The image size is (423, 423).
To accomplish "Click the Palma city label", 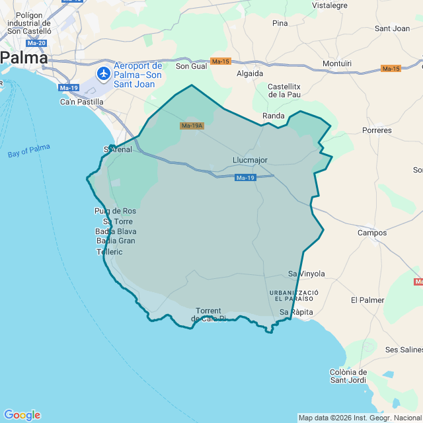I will click(24, 58).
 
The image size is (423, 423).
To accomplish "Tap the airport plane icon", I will click(104, 73).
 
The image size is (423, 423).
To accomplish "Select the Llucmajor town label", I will click(250, 160).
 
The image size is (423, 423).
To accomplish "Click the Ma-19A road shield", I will click(192, 126).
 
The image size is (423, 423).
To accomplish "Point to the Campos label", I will click(371, 233).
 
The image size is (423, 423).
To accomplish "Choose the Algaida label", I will click(250, 73).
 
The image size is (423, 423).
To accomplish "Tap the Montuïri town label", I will click(336, 63).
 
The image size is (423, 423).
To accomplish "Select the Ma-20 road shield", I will click(37, 43).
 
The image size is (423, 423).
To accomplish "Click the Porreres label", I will click(377, 130).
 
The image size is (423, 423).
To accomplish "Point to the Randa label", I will click(274, 116).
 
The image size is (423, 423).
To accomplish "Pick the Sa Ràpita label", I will click(296, 312).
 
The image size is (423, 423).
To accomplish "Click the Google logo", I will click(21, 415).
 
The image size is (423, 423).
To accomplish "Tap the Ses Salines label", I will click(403, 349).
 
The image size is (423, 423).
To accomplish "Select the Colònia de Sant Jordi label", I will click(348, 375).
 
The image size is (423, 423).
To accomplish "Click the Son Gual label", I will click(191, 66).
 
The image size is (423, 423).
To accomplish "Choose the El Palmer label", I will click(367, 300).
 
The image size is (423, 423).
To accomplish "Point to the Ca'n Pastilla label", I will click(82, 102).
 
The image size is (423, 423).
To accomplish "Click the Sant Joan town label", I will click(392, 28).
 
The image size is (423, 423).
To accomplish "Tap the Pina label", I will click(280, 23).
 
